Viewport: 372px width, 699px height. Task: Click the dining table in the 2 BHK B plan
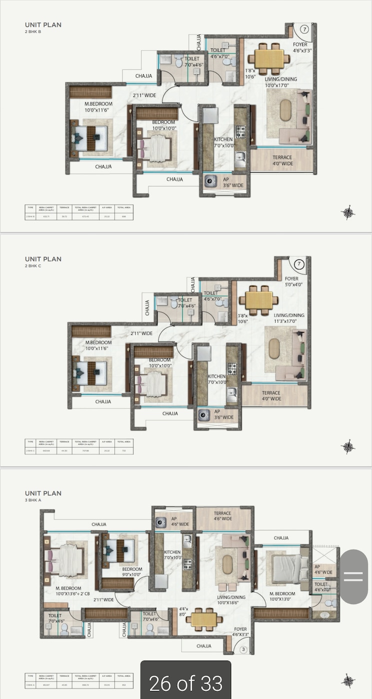(269, 58)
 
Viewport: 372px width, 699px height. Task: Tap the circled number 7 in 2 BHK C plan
(298, 263)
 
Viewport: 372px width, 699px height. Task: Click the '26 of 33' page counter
(186, 683)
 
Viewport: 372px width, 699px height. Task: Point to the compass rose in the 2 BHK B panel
(348, 213)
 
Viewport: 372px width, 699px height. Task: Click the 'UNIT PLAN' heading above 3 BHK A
(43, 493)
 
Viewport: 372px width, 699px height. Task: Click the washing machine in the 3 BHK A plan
(160, 522)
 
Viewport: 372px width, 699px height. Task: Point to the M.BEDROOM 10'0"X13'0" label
(283, 597)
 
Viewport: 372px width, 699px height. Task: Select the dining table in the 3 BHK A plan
(204, 619)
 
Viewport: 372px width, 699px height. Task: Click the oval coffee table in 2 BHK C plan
(274, 349)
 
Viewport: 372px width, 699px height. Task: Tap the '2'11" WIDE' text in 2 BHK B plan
(145, 95)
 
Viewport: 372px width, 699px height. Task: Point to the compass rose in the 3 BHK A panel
(348, 681)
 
